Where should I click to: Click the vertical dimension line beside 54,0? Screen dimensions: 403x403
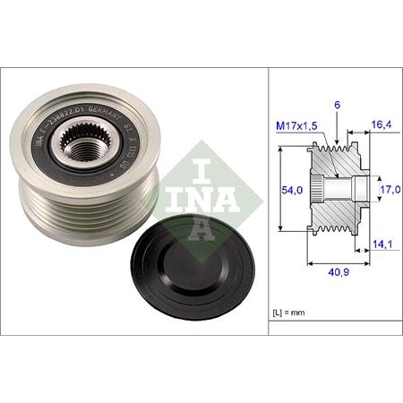click(281, 190)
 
